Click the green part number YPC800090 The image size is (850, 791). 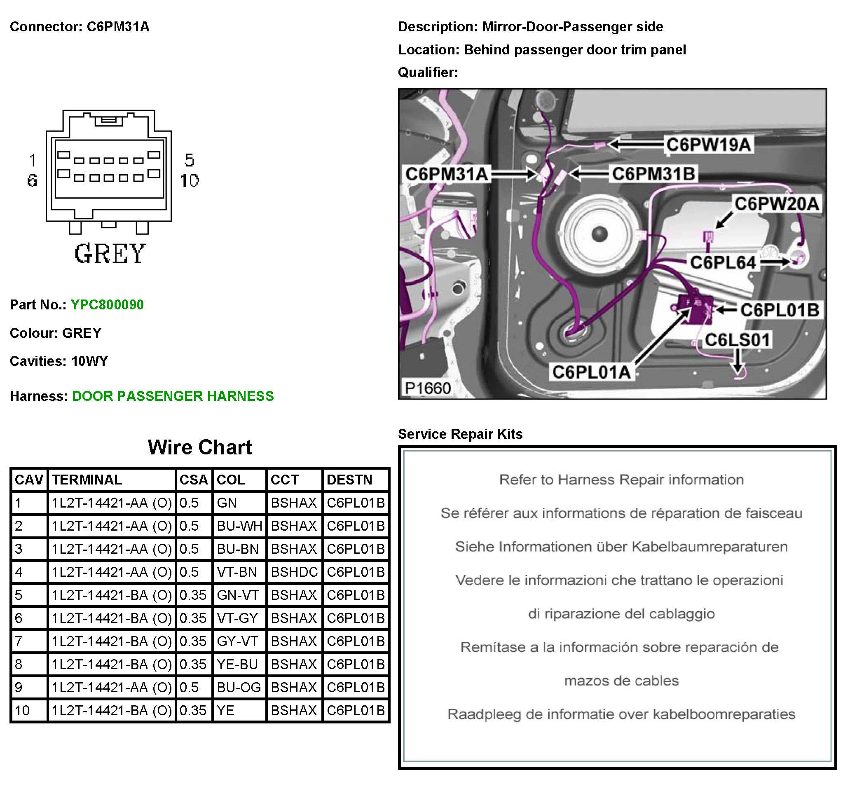pyautogui.click(x=107, y=305)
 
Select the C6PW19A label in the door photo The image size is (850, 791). pyautogui.click(x=709, y=145)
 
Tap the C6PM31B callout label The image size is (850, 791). pyautogui.click(x=653, y=174)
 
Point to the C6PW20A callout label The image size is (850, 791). pyautogui.click(x=776, y=204)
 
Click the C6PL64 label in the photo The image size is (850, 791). pyautogui.click(x=723, y=262)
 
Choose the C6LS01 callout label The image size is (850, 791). pyautogui.click(x=737, y=340)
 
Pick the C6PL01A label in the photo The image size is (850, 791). pyautogui.click(x=591, y=372)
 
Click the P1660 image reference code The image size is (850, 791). pyautogui.click(x=428, y=388)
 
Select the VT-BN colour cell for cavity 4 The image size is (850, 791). pyautogui.click(x=237, y=572)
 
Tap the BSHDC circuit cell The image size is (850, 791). pyautogui.click(x=294, y=572)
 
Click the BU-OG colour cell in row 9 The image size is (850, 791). pyautogui.click(x=239, y=688)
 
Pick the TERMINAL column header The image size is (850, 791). pyautogui.click(x=87, y=480)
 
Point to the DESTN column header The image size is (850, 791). pyautogui.click(x=349, y=480)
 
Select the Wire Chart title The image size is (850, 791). pyautogui.click(x=200, y=448)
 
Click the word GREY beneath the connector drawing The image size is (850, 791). pyautogui.click(x=110, y=253)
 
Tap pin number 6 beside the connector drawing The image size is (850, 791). pyautogui.click(x=32, y=180)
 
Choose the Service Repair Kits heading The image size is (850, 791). pyautogui.click(x=460, y=434)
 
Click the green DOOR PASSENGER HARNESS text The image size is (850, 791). pyautogui.click(x=173, y=396)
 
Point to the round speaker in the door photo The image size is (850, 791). pyautogui.click(x=599, y=234)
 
